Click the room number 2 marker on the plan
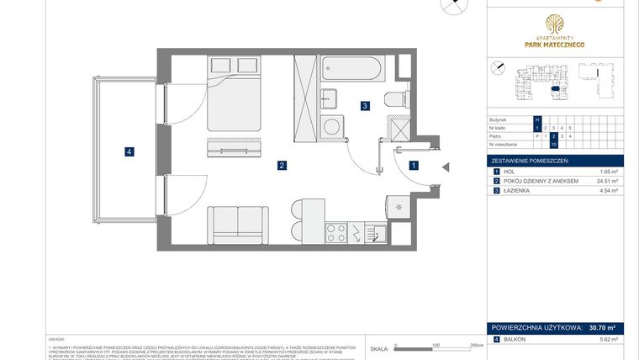[x=283, y=166]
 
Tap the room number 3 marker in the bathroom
[x=364, y=106]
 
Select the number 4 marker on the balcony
[x=128, y=152]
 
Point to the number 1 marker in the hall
[x=414, y=166]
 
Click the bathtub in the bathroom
[x=351, y=70]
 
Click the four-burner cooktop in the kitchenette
[x=337, y=231]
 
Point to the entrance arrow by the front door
[x=446, y=167]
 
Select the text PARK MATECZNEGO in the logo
[x=551, y=44]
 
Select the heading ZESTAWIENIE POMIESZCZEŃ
[x=531, y=160]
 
